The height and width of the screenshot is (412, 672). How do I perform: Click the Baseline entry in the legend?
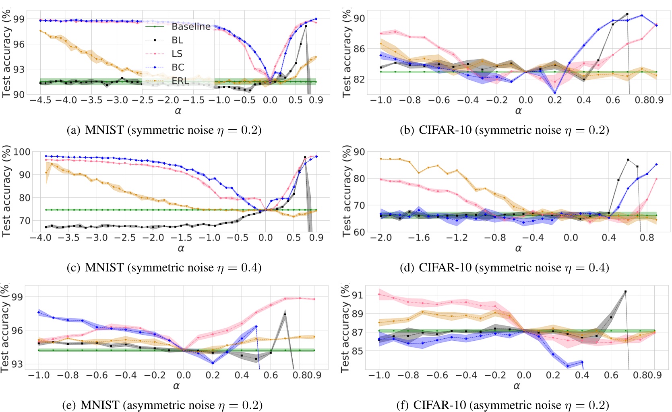(x=191, y=27)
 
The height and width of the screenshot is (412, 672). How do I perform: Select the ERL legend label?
(x=180, y=81)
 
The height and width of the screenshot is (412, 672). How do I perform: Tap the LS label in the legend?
(x=177, y=54)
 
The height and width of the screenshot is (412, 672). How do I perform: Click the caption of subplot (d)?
(x=504, y=267)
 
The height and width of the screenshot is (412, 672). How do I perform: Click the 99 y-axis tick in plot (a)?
(x=19, y=19)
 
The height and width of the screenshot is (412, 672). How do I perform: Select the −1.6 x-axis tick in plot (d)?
(x=419, y=238)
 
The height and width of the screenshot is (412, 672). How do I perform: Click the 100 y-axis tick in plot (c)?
(x=22, y=152)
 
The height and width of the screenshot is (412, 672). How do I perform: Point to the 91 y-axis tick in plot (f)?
(x=358, y=295)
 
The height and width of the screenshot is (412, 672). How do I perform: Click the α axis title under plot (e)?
(x=176, y=386)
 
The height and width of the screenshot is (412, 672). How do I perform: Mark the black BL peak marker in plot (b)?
(x=627, y=14)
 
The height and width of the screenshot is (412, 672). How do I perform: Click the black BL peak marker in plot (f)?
(x=625, y=292)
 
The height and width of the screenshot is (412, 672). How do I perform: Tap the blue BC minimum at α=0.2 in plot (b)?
(x=555, y=93)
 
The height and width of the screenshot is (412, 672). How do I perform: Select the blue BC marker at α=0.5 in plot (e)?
(x=256, y=326)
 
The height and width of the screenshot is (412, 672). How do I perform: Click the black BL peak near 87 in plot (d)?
(x=628, y=160)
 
